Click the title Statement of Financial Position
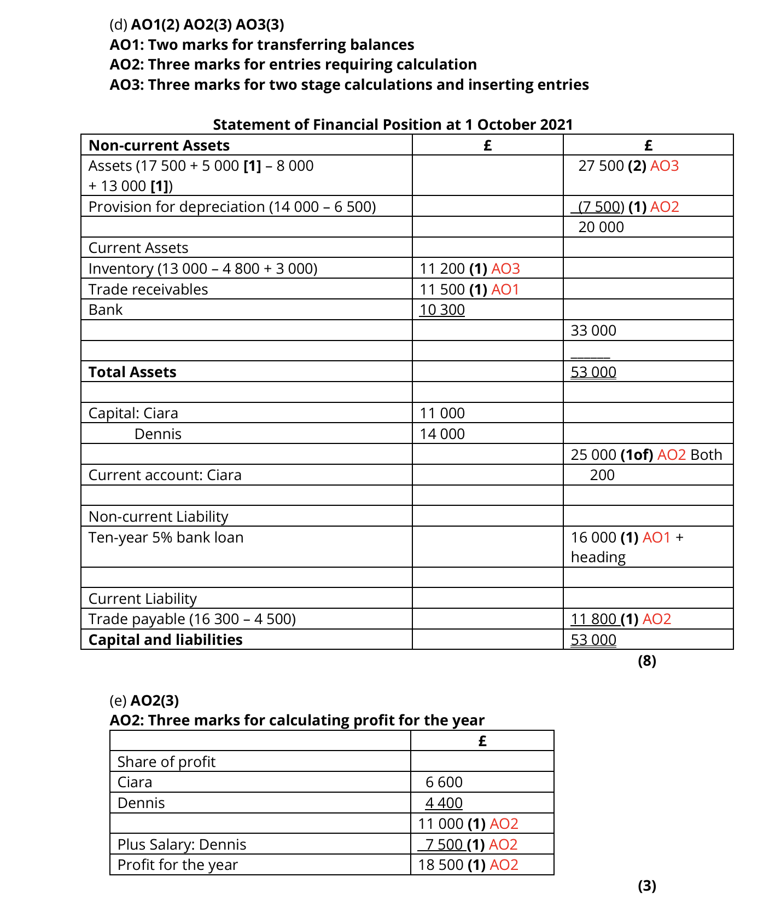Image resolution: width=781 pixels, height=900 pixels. point(393,125)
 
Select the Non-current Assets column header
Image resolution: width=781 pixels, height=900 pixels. point(159,146)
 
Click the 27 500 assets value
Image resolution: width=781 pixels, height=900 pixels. point(601,166)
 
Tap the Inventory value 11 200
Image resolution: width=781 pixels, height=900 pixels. point(442,269)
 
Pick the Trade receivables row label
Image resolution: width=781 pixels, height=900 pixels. point(148,290)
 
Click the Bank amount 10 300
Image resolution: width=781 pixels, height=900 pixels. point(442,310)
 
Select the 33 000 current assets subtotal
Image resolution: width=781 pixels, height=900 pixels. point(593,331)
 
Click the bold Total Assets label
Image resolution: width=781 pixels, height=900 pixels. point(132,372)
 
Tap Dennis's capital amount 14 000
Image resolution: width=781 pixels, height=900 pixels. point(442,434)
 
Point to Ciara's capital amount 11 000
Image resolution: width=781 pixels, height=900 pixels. point(442,413)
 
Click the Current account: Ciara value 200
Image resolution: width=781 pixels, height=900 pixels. point(602,475)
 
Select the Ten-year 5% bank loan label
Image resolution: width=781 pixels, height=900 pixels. point(166,538)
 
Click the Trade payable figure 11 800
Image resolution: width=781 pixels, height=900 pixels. point(593,619)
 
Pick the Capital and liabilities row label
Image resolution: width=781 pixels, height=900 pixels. point(165,640)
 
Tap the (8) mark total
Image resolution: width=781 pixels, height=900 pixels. point(647,661)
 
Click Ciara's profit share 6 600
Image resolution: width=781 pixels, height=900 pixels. point(444,782)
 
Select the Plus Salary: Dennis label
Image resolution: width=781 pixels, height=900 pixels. point(182,845)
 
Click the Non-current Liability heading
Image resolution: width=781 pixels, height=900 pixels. point(158,517)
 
